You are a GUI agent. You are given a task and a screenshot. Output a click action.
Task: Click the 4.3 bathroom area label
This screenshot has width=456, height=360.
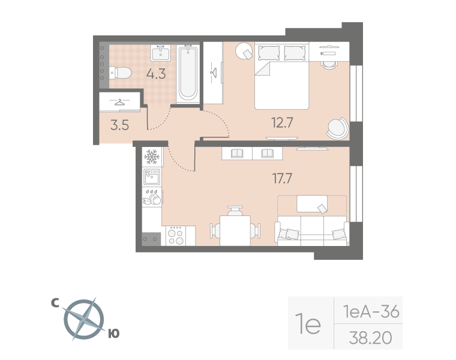pyautogui.click(x=156, y=74)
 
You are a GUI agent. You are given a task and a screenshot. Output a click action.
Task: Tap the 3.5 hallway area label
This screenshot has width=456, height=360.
pyautogui.click(x=119, y=125)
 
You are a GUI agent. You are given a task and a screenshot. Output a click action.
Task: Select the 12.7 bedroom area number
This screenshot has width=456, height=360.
pyautogui.click(x=282, y=122)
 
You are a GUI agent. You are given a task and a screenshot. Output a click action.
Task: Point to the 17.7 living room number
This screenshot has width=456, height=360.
pyautogui.click(x=282, y=178)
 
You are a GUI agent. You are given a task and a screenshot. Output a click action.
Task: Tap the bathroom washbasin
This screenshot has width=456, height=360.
pyautogui.click(x=161, y=53)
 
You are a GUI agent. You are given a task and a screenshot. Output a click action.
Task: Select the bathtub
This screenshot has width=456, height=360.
pyautogui.click(x=188, y=73)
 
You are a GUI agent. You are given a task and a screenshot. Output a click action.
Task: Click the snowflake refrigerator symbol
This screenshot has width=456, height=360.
pyautogui.click(x=152, y=157)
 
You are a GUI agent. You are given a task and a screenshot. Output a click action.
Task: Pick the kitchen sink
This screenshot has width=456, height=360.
pyautogui.click(x=152, y=177)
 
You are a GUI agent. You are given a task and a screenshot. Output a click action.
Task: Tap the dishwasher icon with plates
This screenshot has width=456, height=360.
pyautogui.click(x=152, y=197)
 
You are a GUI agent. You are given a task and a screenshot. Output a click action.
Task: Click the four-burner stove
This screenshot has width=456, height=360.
pyautogui.click(x=176, y=236)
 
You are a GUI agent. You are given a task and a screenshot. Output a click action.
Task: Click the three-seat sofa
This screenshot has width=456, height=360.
pyautogui.click(x=312, y=230)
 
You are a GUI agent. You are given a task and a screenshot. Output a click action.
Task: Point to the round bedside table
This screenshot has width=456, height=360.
pyautogui.click(x=244, y=51)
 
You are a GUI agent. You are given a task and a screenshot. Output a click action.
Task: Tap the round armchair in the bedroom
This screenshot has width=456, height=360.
pyautogui.click(x=337, y=128)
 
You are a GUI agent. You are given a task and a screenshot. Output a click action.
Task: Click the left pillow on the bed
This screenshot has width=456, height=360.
pyautogui.click(x=269, y=53)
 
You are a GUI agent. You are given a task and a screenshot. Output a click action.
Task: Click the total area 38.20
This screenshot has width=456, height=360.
pyautogui.click(x=371, y=338)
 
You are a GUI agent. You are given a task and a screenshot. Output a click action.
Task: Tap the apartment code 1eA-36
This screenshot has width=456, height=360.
pyautogui.click(x=371, y=311)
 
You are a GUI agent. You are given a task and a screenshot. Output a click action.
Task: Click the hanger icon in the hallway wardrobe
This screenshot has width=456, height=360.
pyautogui.click(x=119, y=102)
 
